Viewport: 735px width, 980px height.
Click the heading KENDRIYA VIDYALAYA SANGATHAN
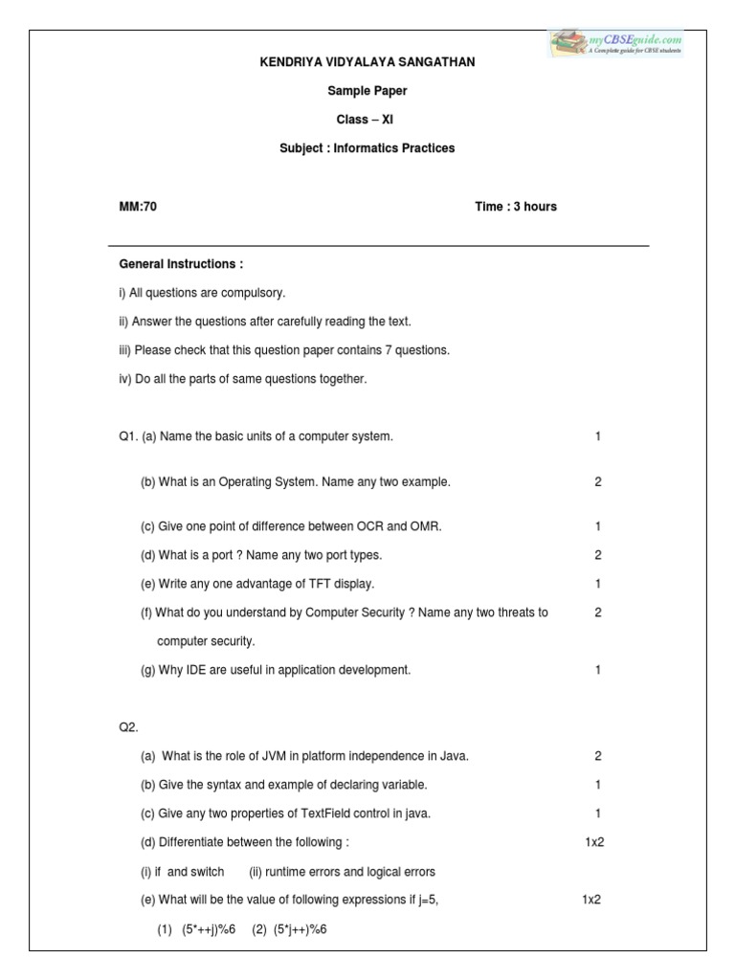[x=368, y=62]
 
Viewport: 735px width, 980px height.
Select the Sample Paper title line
[x=367, y=91]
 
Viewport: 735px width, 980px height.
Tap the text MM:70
[x=137, y=207]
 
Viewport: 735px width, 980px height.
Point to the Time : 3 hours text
[x=515, y=207]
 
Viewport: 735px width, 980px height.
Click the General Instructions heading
[x=180, y=264]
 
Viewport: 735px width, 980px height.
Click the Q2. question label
[x=128, y=727]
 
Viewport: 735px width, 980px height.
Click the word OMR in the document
[x=428, y=526]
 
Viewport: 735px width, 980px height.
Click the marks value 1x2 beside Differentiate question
[x=594, y=842]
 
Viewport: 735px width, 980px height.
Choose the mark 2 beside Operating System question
[x=597, y=482]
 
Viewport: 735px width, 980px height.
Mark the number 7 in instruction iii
[x=389, y=350]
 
